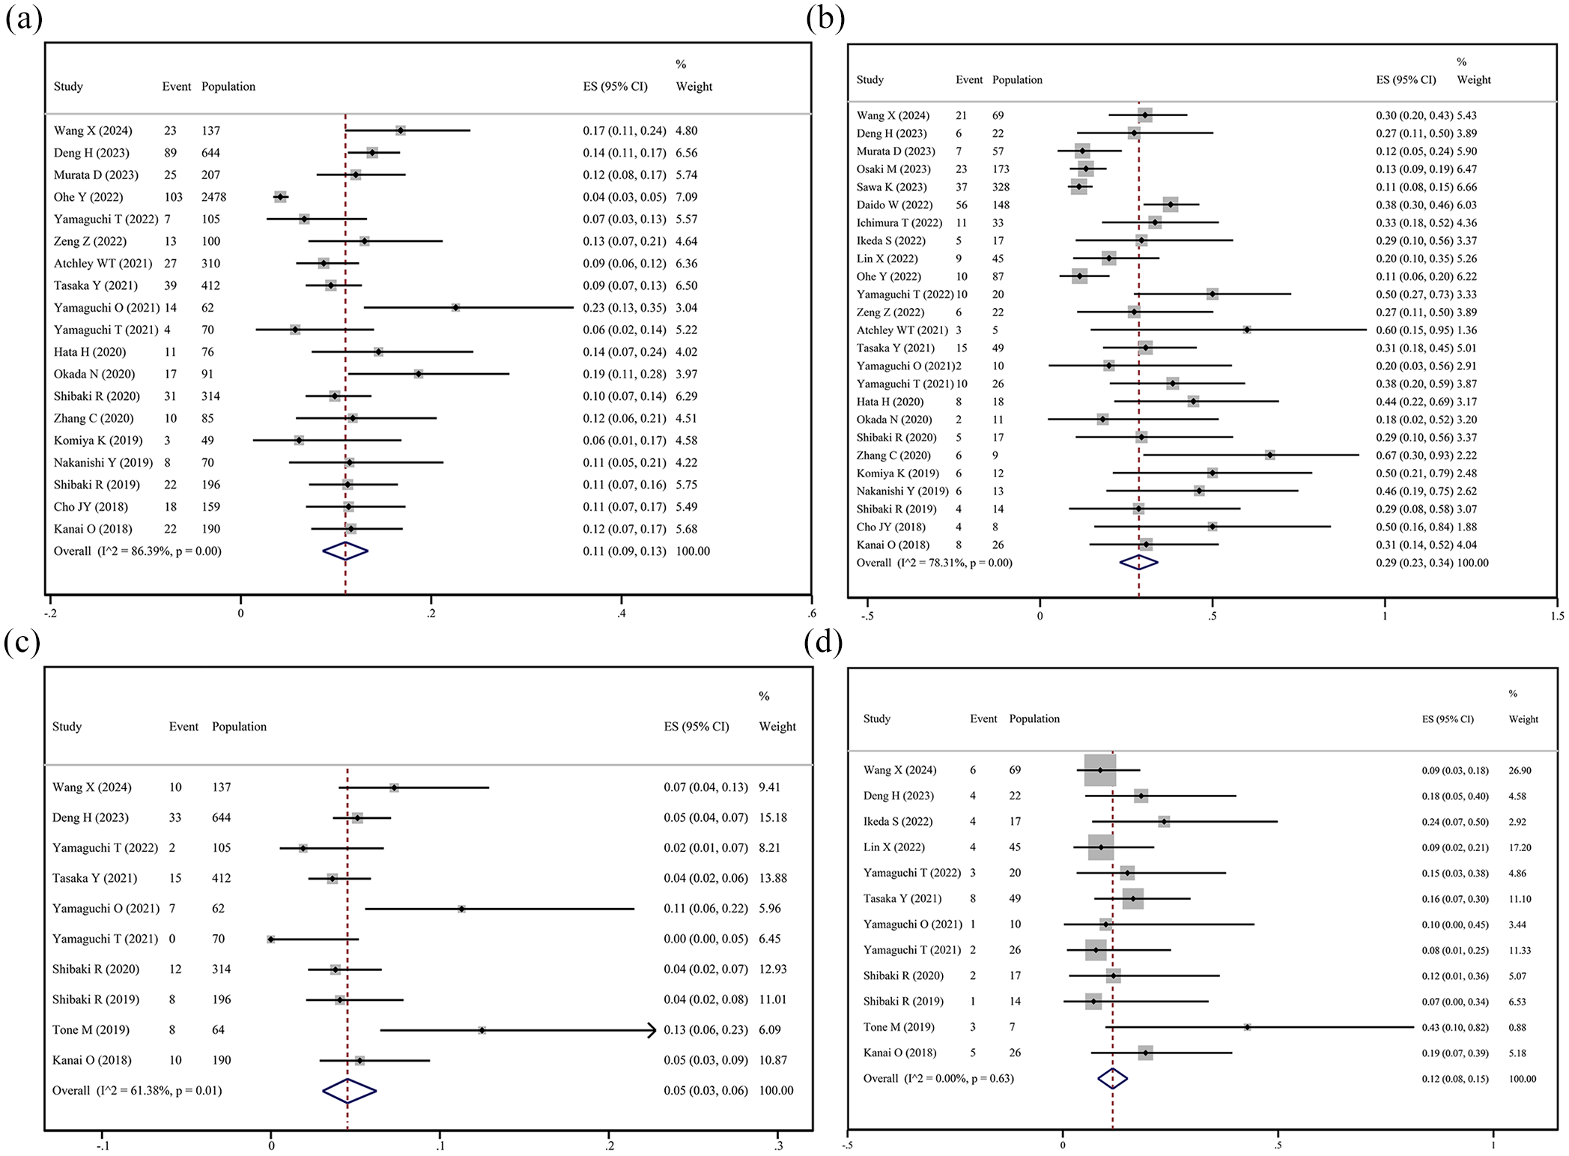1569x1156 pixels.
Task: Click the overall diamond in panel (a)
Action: (345, 551)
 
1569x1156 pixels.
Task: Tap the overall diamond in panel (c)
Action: (349, 1091)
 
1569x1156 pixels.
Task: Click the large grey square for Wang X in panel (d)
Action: (1100, 770)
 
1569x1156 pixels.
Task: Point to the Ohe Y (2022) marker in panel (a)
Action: (280, 197)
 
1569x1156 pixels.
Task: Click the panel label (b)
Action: (825, 18)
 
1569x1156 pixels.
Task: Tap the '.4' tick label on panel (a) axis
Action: (621, 614)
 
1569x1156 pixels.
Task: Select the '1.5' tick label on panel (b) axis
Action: (1557, 616)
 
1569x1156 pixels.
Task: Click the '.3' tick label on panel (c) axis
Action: (779, 1146)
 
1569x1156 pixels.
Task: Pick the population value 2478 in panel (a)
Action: (213, 197)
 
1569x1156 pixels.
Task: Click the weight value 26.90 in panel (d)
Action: (1520, 770)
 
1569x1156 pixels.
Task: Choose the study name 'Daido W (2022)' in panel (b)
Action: (894, 205)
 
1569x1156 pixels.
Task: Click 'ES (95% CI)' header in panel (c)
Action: (697, 726)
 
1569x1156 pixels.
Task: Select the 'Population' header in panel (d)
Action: (1034, 718)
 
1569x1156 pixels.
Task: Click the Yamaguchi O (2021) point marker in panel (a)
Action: (455, 308)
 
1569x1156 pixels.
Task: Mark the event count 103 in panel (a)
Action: (173, 197)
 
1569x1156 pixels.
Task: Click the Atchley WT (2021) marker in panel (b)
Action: (1247, 330)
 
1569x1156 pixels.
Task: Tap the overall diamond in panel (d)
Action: (1113, 1079)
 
